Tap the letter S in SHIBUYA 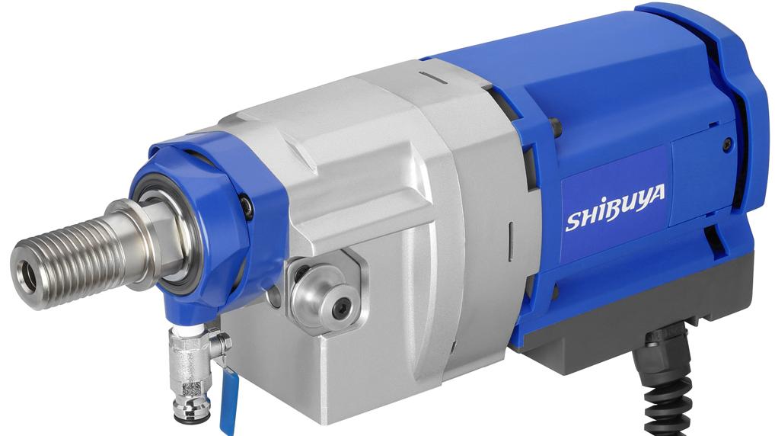click(x=573, y=221)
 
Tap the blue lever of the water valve click(x=228, y=401)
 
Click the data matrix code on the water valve click(x=191, y=388)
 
